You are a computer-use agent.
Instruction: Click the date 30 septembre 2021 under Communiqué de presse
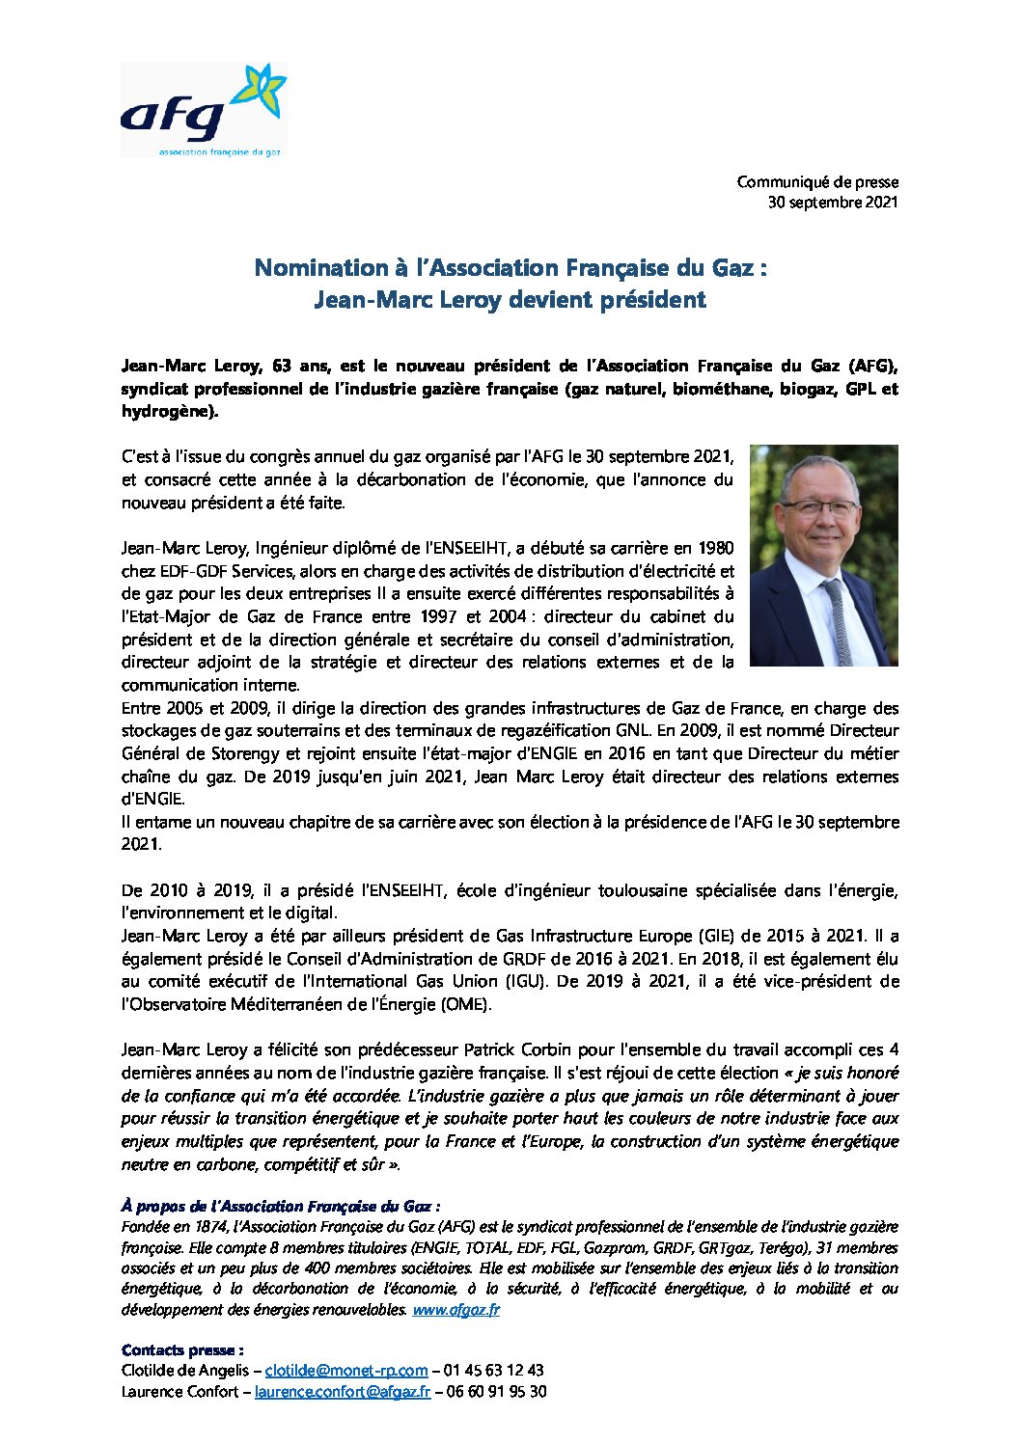[833, 203]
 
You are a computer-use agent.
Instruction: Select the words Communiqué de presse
[817, 182]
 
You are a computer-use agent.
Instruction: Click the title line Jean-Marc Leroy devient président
[510, 300]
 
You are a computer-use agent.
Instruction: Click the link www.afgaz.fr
[455, 1310]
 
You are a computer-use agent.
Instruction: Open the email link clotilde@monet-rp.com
[346, 1371]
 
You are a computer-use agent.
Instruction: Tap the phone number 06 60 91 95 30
[497, 1392]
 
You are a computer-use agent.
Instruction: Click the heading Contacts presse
[182, 1350]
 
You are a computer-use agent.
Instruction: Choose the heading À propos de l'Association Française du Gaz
[281, 1207]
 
